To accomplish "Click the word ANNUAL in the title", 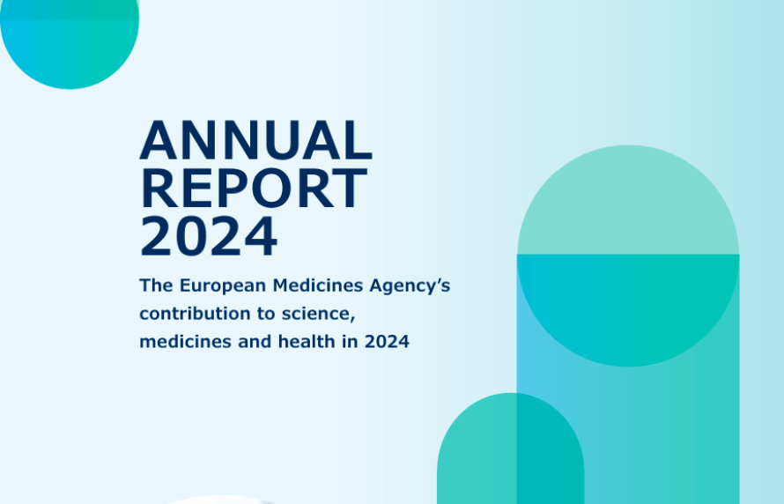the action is click(x=256, y=140).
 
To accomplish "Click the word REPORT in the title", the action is click(x=255, y=188).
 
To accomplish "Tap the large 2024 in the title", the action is click(x=209, y=236).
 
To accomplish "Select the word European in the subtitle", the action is click(x=223, y=286).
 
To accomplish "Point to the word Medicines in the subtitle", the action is click(x=317, y=285).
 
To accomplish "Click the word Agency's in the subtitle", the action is click(x=410, y=286).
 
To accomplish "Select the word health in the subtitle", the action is click(x=307, y=342).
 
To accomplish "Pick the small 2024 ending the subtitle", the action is click(x=387, y=342).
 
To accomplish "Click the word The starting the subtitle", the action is click(x=156, y=285).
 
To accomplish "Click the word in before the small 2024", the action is click(x=350, y=342).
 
